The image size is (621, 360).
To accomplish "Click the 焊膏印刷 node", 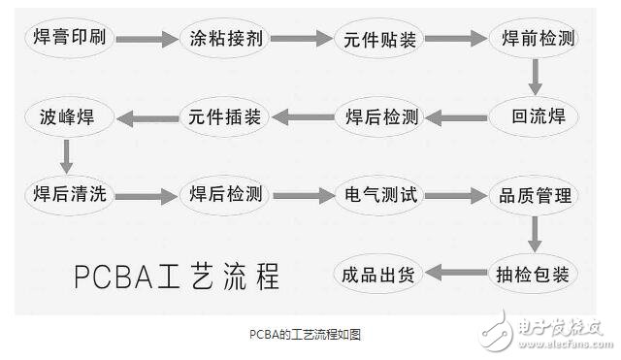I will click(69, 39).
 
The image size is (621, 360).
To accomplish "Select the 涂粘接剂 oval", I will click(223, 39).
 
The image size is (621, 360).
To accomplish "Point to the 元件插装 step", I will click(223, 117).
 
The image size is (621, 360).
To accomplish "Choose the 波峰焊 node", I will click(69, 117).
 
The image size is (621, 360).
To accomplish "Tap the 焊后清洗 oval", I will click(69, 194).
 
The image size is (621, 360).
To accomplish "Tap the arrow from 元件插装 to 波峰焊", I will click(146, 117).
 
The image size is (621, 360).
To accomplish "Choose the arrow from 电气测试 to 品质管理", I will click(456, 195).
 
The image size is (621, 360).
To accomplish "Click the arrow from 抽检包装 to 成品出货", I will click(456, 273).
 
